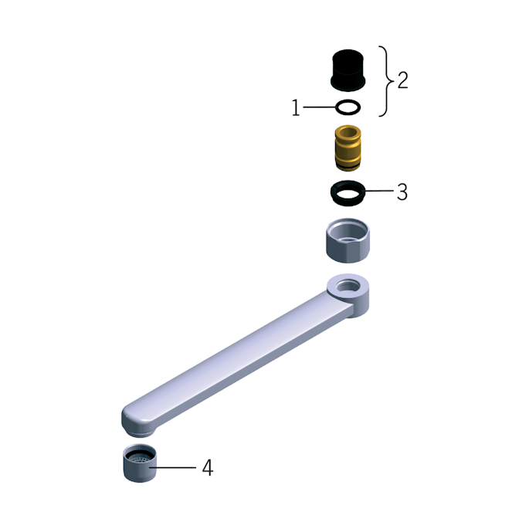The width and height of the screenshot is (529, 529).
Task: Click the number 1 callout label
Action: (296, 107)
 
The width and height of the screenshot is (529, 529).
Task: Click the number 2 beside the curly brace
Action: (403, 80)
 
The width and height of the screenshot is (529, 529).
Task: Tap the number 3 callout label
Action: (402, 192)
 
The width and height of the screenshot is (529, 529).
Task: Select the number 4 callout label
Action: (208, 468)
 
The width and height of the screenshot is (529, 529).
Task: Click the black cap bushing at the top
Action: (348, 70)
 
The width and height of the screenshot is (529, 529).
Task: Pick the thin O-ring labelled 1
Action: (348, 101)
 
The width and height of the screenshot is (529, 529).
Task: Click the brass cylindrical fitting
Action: (348, 148)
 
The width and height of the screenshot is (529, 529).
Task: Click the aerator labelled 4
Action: (140, 472)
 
